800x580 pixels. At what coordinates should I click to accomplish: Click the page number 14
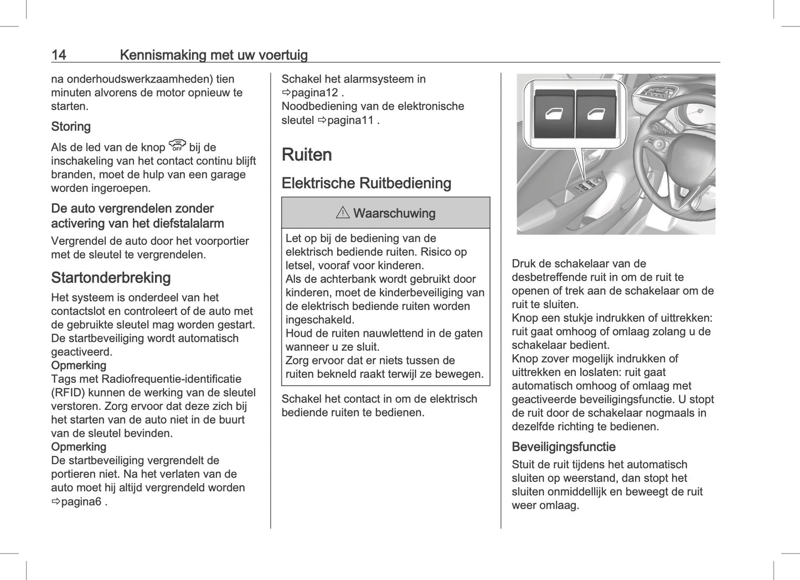[x=59, y=55]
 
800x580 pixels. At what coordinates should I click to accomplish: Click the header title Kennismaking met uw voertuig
[x=213, y=55]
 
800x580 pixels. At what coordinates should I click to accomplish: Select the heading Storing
[x=71, y=126]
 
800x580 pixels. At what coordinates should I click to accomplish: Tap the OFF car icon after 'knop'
[x=177, y=146]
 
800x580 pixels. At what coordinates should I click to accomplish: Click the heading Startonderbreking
[x=111, y=278]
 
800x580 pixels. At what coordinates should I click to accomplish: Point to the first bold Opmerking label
[x=79, y=365]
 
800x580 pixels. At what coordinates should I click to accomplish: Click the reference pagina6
[x=81, y=501]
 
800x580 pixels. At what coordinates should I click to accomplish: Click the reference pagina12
[x=313, y=93]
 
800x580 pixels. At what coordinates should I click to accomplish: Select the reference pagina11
[x=349, y=120]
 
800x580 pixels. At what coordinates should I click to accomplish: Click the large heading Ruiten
[x=307, y=155]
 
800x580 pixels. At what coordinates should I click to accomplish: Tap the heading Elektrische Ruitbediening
[x=366, y=183]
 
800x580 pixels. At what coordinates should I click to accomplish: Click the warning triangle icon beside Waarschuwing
[x=343, y=213]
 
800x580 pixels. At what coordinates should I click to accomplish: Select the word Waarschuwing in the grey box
[x=394, y=213]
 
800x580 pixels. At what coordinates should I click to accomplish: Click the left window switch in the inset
[x=554, y=115]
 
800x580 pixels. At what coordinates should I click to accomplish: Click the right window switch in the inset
[x=596, y=115]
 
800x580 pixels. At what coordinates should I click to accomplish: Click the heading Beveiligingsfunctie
[x=563, y=446]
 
